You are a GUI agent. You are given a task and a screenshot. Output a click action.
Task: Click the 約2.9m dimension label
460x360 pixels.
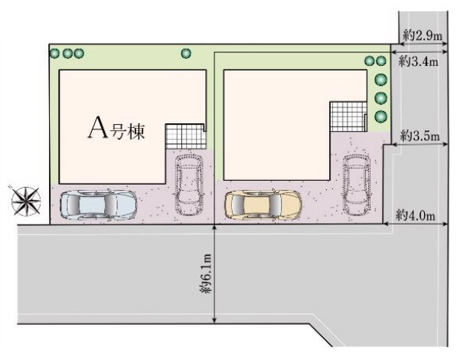(x=422, y=36)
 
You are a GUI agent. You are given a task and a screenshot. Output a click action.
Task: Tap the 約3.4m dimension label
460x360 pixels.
(x=419, y=61)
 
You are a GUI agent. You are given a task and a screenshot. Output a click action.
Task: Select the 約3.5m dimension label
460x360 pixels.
(x=420, y=136)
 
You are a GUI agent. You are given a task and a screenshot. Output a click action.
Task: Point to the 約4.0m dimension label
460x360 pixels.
(x=416, y=215)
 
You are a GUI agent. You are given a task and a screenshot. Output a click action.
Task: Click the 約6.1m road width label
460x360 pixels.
(x=206, y=273)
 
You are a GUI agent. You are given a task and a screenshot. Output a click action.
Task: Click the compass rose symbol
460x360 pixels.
(x=26, y=201)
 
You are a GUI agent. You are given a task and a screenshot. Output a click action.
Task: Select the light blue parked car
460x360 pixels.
(x=98, y=205)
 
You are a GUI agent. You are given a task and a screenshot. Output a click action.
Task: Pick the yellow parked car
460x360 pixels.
(x=263, y=205)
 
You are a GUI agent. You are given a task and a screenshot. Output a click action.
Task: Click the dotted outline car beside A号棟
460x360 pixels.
(x=190, y=184)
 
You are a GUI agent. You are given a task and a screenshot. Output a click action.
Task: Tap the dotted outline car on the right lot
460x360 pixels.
(x=357, y=184)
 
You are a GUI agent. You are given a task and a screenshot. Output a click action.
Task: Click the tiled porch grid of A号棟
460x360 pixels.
(x=186, y=136)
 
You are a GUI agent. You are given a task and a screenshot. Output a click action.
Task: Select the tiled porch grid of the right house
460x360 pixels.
(x=348, y=116)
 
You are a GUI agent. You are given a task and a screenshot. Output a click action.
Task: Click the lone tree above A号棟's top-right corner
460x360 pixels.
(x=186, y=53)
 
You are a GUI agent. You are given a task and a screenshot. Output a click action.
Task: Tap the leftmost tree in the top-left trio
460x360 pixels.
(x=54, y=54)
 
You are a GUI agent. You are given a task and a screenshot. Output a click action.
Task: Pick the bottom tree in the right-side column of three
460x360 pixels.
(x=381, y=116)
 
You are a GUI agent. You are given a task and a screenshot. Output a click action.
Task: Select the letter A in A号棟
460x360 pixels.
(x=98, y=128)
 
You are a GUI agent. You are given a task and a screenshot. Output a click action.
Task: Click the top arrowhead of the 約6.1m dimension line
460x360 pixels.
(x=215, y=227)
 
